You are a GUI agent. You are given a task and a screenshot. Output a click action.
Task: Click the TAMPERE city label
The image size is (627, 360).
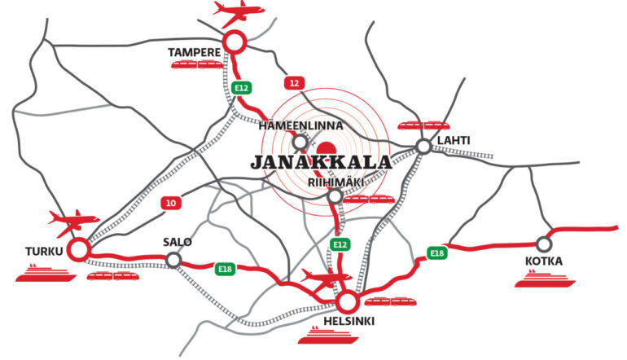click(x=195, y=53)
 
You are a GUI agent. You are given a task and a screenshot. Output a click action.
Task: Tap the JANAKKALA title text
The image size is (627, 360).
click(x=322, y=162)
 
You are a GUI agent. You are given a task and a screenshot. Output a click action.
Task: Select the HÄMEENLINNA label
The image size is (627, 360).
click(x=300, y=126)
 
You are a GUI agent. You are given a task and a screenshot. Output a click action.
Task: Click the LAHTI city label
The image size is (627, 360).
click(x=454, y=140)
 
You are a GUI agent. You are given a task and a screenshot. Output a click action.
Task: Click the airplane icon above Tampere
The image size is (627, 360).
click(x=239, y=12)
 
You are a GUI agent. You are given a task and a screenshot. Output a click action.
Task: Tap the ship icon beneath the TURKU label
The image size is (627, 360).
click(x=46, y=274)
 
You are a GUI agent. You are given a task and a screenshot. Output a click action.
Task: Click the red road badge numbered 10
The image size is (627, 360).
click(x=170, y=204)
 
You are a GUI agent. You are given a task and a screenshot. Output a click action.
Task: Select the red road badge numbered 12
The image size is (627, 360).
click(x=294, y=83)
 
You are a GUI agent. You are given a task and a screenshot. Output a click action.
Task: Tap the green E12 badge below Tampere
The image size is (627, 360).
click(x=240, y=88)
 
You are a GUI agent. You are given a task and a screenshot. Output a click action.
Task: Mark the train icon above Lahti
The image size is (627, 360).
click(x=423, y=125)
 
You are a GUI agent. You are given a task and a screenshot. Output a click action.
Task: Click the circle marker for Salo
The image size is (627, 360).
click(x=173, y=259)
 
